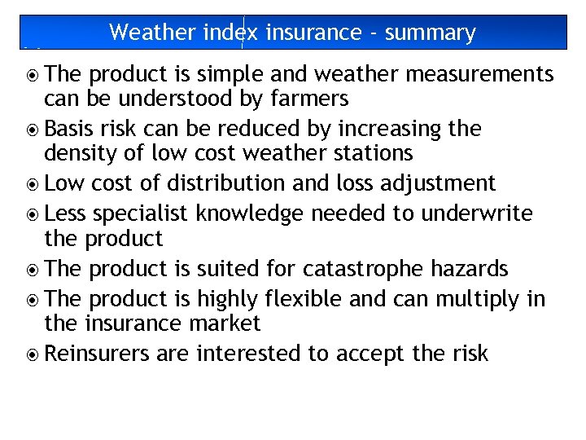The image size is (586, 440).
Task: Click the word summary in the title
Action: tap(430, 33)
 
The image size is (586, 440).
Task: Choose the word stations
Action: tap(370, 153)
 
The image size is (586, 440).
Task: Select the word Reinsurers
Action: tap(98, 353)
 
